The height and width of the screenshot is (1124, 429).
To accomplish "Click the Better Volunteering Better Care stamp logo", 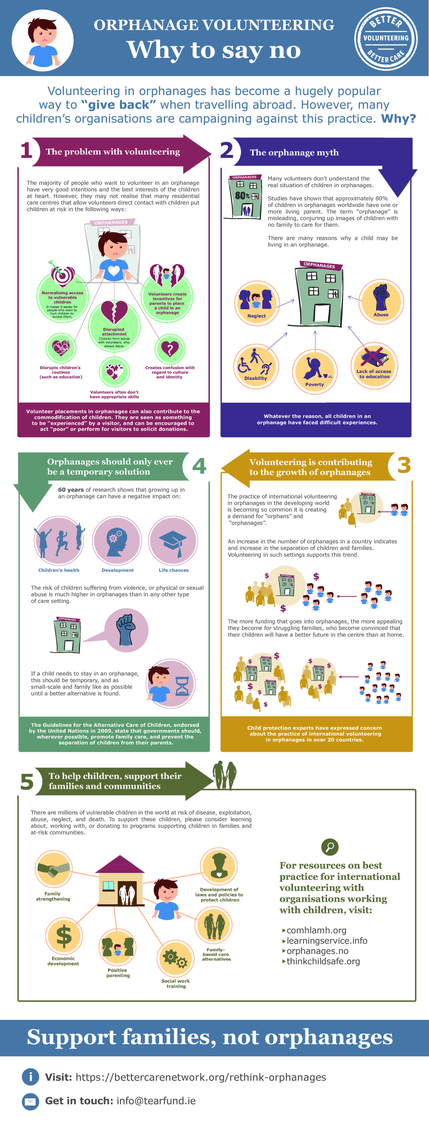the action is [x=386, y=38].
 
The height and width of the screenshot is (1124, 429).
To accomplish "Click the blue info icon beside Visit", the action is [x=31, y=1077].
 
